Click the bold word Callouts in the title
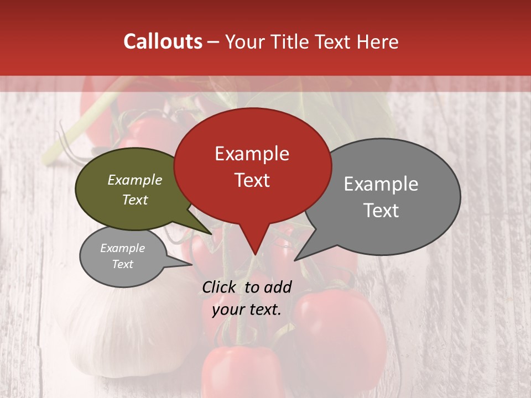pos(163,41)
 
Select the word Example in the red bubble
pos(252,154)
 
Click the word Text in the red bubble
pos(252,180)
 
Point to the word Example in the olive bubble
pos(135,180)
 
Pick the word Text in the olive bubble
pos(135,200)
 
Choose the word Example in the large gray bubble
pos(381,184)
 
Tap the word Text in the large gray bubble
pos(381,211)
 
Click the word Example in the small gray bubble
pos(123,248)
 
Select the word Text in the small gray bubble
pos(123,264)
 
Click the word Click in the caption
pos(220,287)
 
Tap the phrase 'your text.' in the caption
pos(247,310)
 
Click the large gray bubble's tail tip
pos(295,260)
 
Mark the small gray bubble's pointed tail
pos(191,264)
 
